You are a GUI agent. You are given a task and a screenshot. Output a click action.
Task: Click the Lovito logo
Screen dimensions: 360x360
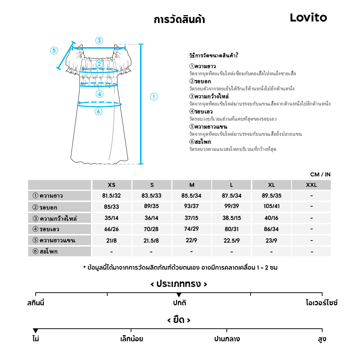pyautogui.click(x=308, y=18)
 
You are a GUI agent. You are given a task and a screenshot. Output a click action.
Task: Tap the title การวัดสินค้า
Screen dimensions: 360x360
pyautogui.click(x=179, y=19)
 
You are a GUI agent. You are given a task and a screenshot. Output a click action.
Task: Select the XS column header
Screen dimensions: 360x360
pyautogui.click(x=112, y=185)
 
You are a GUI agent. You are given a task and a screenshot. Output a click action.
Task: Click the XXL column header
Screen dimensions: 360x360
pyautogui.click(x=311, y=185)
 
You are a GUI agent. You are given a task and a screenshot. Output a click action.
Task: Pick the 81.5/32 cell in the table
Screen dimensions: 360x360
pyautogui.click(x=112, y=196)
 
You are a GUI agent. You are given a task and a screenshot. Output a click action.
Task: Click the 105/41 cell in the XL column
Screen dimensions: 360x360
pyautogui.click(x=271, y=207)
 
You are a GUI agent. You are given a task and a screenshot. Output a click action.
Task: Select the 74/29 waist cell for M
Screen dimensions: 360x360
pyautogui.click(x=192, y=229)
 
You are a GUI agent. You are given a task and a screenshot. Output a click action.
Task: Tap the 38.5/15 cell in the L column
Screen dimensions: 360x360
pyautogui.click(x=231, y=218)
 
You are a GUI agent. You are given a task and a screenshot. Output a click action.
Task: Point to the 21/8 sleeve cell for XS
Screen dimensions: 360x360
pyautogui.click(x=112, y=240)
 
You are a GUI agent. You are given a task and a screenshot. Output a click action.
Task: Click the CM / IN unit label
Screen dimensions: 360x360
pyautogui.click(x=320, y=175)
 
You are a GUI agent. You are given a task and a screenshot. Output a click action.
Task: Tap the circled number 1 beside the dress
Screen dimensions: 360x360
pyautogui.click(x=154, y=96)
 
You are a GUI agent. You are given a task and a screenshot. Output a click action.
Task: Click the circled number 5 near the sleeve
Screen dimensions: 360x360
pyautogui.click(x=54, y=50)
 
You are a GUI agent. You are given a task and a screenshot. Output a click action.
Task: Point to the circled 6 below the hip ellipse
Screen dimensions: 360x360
pyautogui.click(x=98, y=112)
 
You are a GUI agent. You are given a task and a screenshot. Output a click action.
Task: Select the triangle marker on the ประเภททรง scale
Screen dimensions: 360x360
pyautogui.click(x=179, y=295)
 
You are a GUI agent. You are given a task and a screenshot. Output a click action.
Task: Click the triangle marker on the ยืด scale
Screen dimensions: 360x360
pyautogui.click(x=35, y=331)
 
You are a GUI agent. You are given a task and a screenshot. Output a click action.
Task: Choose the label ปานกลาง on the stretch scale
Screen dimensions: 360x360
pyautogui.click(x=227, y=339)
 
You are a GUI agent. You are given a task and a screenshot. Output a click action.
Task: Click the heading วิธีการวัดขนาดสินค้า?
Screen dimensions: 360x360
pyautogui.click(x=213, y=55)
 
